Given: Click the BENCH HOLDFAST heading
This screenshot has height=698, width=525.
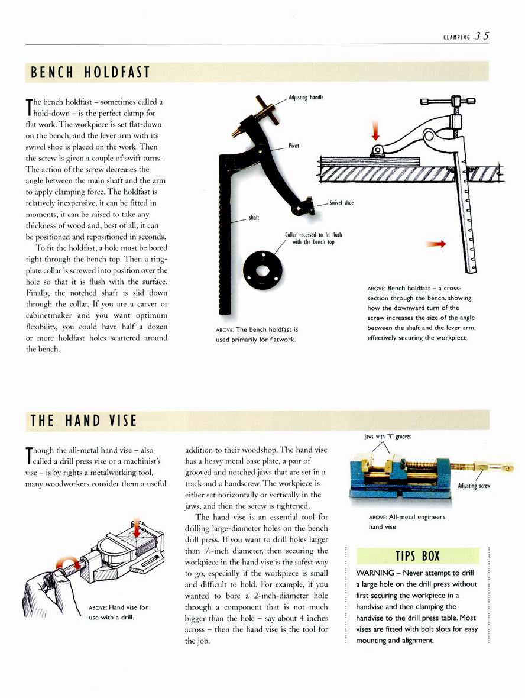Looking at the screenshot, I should coord(90,73).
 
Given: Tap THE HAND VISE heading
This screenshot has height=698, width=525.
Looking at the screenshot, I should coord(83,421).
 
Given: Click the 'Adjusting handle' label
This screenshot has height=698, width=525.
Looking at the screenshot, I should coord(306,97).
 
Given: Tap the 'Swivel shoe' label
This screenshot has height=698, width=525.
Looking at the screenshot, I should coord(342,203).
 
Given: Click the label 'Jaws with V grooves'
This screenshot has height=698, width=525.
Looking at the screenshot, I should coord(387,437).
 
